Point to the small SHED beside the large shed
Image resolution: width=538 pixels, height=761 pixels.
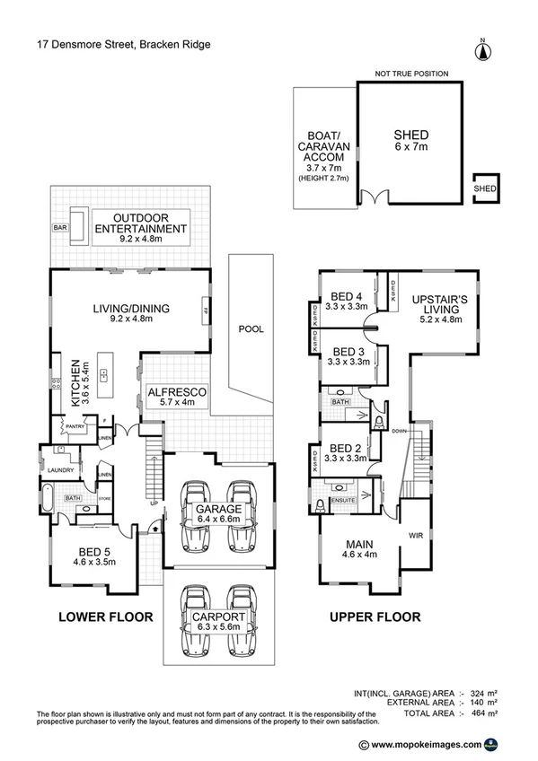[x=485, y=189]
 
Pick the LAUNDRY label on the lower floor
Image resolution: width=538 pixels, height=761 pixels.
[x=61, y=469]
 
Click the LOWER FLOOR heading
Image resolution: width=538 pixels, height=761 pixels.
[x=105, y=617]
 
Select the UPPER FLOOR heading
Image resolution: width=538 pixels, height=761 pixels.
[x=375, y=617]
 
